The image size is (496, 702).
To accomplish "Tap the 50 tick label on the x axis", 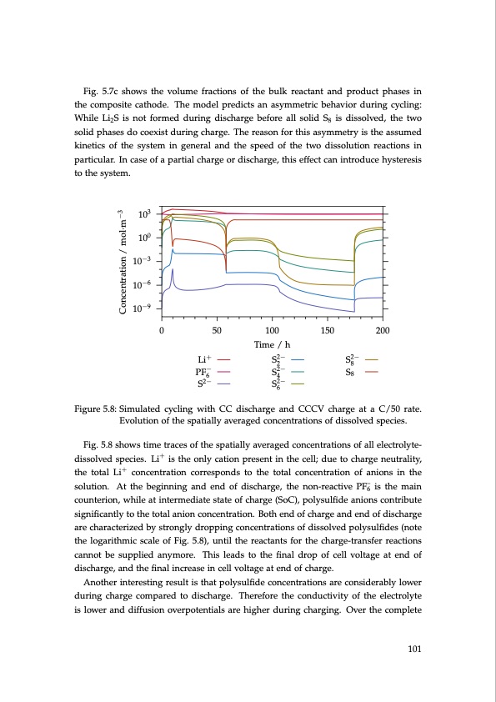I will click(216, 331).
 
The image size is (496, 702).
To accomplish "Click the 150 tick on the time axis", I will click(327, 331).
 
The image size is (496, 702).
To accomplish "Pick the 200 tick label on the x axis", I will click(383, 331).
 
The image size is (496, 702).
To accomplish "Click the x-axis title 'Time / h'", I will click(271, 345).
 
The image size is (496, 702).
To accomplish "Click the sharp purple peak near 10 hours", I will click(173, 269).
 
